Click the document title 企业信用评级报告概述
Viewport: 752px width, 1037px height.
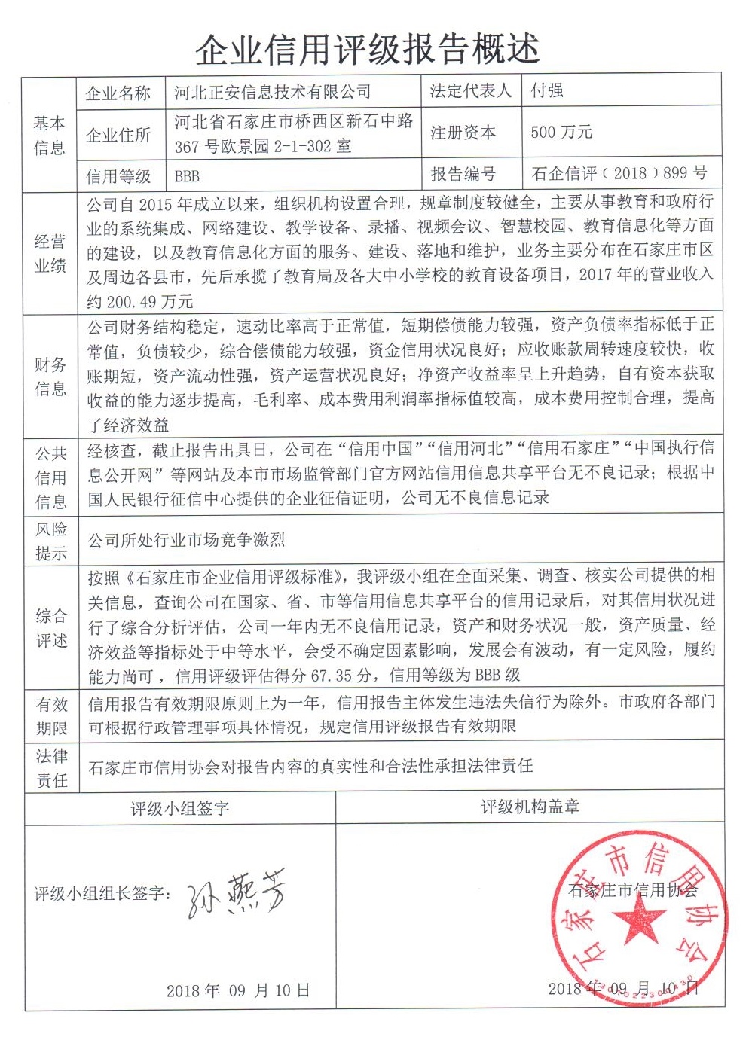[x=368, y=50]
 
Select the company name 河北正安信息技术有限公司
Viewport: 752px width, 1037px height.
[x=272, y=92]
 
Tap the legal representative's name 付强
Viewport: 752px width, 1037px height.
[x=547, y=90]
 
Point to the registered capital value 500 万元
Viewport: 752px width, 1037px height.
[x=561, y=133]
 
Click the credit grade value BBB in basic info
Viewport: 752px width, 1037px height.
[x=187, y=176]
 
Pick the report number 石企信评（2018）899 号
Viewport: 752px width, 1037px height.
[x=619, y=173]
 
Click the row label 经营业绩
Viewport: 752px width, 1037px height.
[x=50, y=254]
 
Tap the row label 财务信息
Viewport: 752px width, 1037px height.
[x=50, y=377]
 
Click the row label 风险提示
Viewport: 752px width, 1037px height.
[x=51, y=541]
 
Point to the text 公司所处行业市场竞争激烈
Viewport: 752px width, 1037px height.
[x=186, y=540]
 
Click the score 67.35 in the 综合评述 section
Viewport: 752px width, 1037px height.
[x=332, y=676]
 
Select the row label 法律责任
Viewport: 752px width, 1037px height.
[x=51, y=767]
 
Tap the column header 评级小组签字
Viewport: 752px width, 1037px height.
[x=179, y=809]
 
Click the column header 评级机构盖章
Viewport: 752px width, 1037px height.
[x=530, y=807]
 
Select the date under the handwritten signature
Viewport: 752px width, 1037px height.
[x=238, y=990]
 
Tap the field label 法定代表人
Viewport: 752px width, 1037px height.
[x=470, y=91]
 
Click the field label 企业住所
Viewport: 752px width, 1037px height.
[x=118, y=135]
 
